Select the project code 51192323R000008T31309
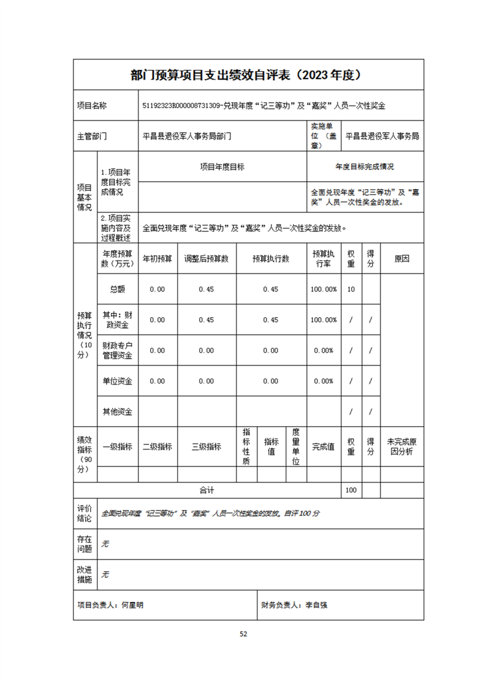[x=181, y=105]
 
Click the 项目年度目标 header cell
[x=222, y=167]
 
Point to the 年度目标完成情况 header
[x=365, y=167]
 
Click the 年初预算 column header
[x=158, y=259]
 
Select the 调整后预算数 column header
[x=207, y=259]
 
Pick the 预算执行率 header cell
[x=323, y=259]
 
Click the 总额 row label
[x=118, y=290]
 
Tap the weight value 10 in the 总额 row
[x=351, y=290]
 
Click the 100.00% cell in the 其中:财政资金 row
[x=323, y=320]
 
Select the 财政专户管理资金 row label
[x=118, y=351]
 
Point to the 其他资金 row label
[x=118, y=412]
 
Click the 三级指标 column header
[x=207, y=447]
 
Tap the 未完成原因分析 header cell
[x=401, y=447]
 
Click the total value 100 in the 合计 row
[x=351, y=490]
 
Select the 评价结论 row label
[x=85, y=514]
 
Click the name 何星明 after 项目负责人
[x=132, y=605]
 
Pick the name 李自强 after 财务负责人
[x=316, y=605]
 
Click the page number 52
[x=243, y=634]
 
